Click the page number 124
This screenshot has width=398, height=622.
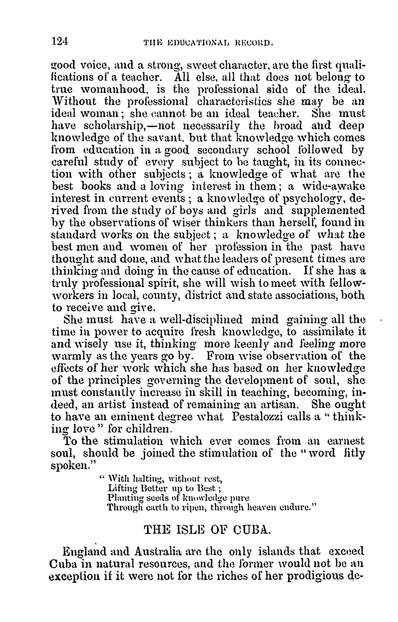pos(60,41)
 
